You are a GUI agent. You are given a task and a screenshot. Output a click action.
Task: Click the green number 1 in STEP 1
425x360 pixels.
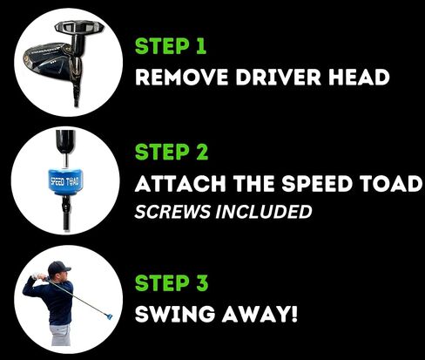[x=201, y=46]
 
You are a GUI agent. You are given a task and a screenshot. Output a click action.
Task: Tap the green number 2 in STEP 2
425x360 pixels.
[x=201, y=152]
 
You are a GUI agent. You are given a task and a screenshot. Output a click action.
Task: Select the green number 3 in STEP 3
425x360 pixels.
[x=201, y=282]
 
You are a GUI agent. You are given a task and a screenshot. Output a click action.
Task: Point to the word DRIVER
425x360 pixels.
[x=279, y=77]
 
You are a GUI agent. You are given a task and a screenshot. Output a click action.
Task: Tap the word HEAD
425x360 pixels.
[x=359, y=77]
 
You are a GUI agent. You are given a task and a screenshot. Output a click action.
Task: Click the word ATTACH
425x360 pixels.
[x=180, y=184]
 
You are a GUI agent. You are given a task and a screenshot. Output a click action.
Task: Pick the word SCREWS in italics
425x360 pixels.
[x=172, y=212]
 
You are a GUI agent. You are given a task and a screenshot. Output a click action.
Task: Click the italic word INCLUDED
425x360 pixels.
[x=264, y=212]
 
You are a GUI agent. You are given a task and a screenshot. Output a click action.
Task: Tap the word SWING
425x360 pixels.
[x=175, y=314]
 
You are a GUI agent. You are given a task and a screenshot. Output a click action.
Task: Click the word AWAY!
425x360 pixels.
[x=260, y=314]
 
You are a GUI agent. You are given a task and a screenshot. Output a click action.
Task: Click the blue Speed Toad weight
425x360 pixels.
[x=65, y=181]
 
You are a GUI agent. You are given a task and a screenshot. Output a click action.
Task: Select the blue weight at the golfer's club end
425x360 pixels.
[x=110, y=316]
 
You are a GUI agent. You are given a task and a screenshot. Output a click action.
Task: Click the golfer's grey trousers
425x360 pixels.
[x=60, y=335]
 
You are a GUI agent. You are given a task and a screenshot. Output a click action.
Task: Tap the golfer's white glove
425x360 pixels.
[x=35, y=276]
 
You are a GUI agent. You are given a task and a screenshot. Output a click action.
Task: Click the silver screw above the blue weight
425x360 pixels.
[x=66, y=160]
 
